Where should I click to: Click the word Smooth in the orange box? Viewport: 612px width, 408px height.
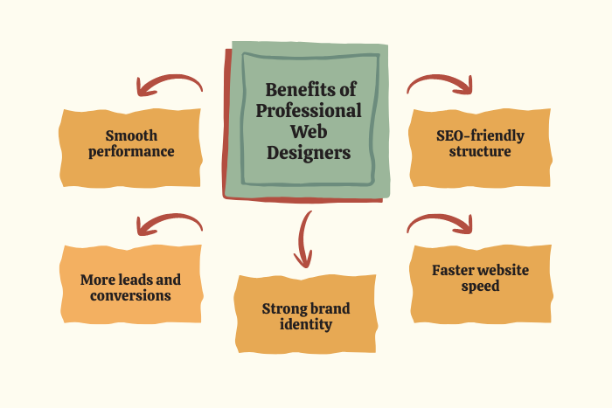130,135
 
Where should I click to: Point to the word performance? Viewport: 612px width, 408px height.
130,151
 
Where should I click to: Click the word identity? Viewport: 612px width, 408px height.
305,324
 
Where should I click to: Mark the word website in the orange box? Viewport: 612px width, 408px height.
502,270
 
